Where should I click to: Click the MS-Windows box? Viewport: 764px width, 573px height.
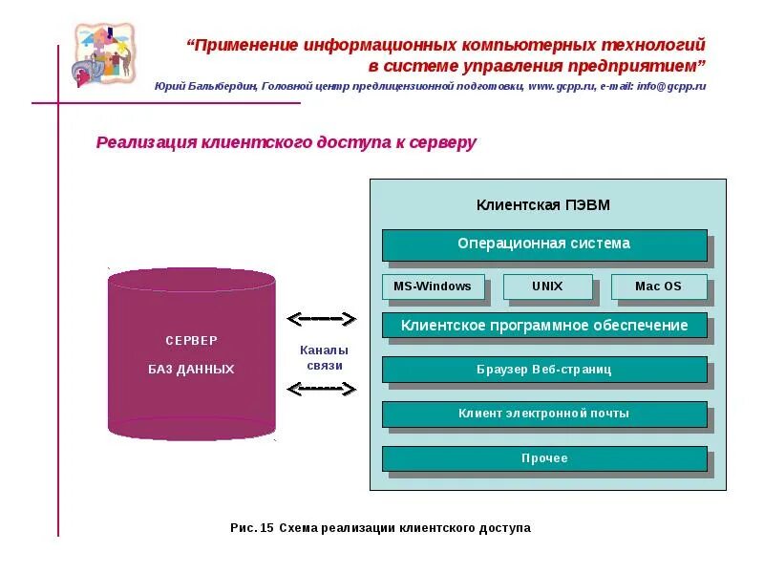433,286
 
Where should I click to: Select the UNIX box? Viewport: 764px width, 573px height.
547,286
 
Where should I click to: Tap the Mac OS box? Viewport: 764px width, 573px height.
658,286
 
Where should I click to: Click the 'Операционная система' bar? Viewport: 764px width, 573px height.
544,244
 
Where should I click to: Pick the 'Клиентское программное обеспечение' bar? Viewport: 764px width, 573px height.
544,326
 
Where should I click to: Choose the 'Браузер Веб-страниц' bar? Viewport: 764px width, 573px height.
544,370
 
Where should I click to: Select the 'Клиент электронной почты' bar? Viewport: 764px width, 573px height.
544,414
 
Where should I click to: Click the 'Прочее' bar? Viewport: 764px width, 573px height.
544,458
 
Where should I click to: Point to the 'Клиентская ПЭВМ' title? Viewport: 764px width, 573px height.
542,205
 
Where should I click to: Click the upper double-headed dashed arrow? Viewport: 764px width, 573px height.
322,318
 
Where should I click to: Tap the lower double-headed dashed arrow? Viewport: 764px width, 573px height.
322,389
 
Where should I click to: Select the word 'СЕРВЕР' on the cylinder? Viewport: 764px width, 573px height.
191,341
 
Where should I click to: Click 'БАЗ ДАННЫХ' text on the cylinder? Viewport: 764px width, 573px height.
191,369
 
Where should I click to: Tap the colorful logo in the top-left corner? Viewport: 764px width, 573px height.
104,53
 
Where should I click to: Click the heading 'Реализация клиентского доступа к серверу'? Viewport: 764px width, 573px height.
286,143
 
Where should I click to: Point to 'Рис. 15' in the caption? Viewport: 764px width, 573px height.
252,527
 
